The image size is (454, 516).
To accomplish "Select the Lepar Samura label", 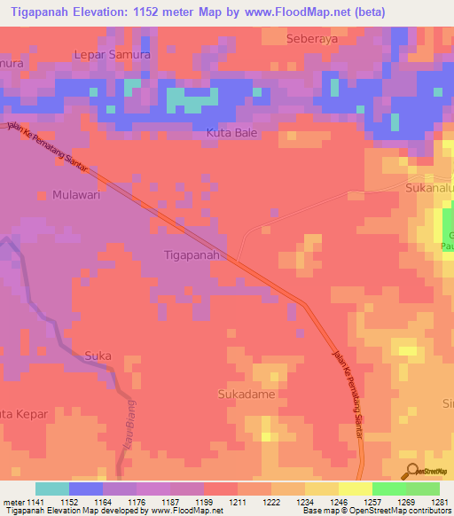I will tap(112, 55).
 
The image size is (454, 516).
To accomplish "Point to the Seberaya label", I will tap(314, 39).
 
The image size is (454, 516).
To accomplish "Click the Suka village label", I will tap(98, 356).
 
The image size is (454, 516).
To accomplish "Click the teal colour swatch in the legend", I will tap(51, 489).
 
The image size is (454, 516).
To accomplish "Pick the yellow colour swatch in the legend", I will tap(355, 489).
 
